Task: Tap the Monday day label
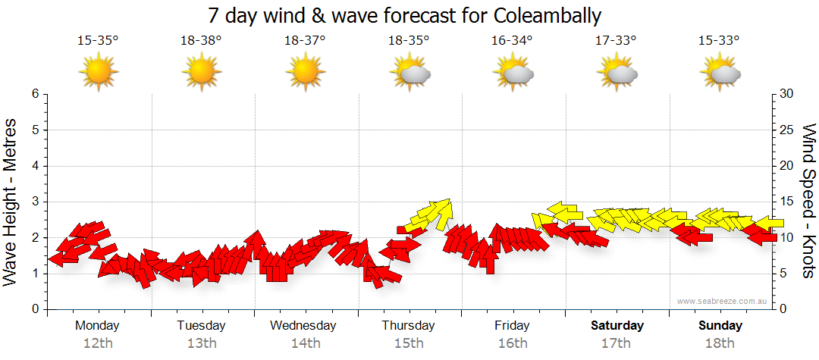tap(98, 326)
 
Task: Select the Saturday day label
tap(617, 326)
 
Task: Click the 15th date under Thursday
tap(409, 343)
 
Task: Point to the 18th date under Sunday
tap(720, 343)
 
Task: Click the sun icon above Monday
tap(99, 74)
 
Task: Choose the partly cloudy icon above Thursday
tap(409, 74)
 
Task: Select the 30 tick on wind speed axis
tap(787, 94)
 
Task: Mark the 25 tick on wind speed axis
tap(787, 130)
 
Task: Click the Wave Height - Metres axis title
tap(11, 202)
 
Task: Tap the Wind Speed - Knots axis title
tap(808, 202)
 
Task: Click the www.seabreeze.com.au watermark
tap(723, 302)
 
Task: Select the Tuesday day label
tap(201, 326)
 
